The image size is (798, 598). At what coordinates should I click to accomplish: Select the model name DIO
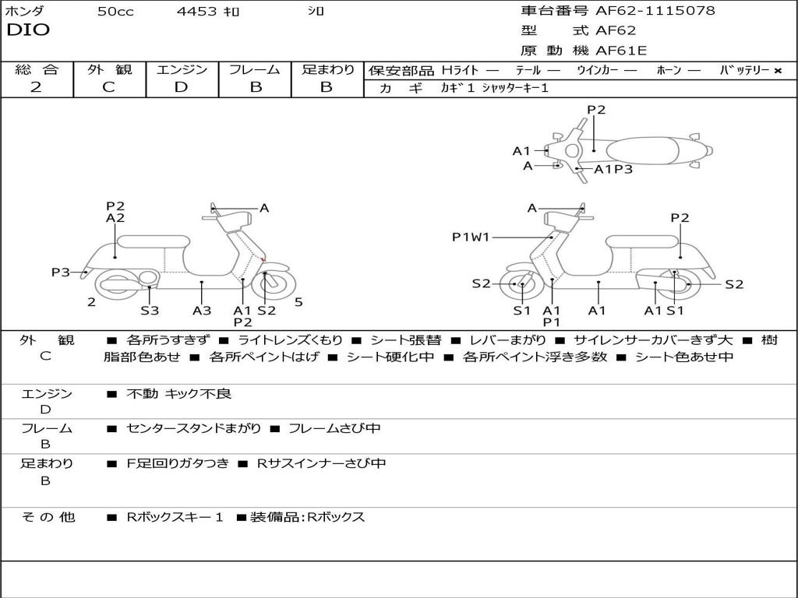click(28, 30)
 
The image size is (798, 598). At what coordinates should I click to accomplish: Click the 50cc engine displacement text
click(115, 12)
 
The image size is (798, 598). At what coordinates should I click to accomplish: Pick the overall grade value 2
click(36, 87)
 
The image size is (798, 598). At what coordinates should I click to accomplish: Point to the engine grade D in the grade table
click(181, 87)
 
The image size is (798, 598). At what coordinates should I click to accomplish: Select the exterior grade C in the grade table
click(109, 87)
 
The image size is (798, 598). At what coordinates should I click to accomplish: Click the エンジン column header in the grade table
click(182, 70)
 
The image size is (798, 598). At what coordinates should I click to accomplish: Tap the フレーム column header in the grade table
click(254, 70)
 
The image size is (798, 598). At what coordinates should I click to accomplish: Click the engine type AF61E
click(621, 51)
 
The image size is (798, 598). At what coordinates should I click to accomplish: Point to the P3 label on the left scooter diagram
click(61, 273)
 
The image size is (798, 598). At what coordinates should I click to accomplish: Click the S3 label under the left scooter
click(150, 311)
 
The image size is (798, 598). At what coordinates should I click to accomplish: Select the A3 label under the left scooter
click(202, 311)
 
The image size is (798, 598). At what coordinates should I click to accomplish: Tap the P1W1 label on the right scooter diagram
click(471, 237)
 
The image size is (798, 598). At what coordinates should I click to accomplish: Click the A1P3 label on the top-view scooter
click(613, 169)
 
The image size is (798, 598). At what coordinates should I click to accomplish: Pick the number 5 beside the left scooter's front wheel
click(298, 302)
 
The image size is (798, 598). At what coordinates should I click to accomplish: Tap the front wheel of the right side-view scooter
click(520, 285)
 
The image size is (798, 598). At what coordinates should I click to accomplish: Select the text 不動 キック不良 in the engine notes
click(179, 394)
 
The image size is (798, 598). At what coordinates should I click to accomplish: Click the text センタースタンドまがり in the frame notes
click(194, 428)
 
